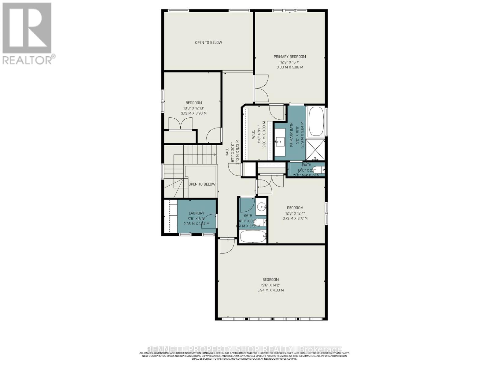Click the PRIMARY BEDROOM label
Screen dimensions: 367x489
coord(289,57)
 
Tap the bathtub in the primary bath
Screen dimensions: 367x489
coord(317,121)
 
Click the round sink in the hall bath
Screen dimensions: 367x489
coord(262,207)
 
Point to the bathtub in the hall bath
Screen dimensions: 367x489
coord(253,236)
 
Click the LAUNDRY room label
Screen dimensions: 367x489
coord(196,213)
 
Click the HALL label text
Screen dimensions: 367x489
coord(227,152)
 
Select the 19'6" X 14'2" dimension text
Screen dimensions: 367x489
coord(270,285)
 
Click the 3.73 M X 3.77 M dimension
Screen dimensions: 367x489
coord(295,218)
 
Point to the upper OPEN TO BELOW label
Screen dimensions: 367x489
coord(208,43)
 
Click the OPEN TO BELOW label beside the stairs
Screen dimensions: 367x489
coord(202,184)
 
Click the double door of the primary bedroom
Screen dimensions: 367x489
coord(261,88)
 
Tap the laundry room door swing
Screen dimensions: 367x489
coord(209,221)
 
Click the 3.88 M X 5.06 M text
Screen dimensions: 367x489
coord(289,67)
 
